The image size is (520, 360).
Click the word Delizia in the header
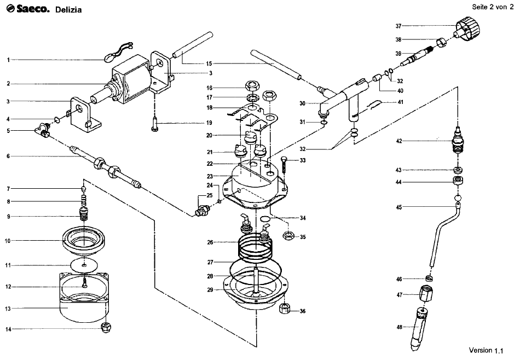click(68, 10)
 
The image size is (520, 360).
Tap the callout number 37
click(398, 26)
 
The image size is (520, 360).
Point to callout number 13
click(8, 309)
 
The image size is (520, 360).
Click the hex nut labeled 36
click(285, 308)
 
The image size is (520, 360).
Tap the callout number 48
click(399, 327)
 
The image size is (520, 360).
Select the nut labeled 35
click(288, 236)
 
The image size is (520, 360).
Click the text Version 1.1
click(486, 350)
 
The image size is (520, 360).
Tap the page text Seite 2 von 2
click(493, 7)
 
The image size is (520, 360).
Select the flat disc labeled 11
click(84, 265)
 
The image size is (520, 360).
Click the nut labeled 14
click(106, 327)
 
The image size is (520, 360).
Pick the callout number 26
click(210, 242)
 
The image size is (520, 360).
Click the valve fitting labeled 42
click(457, 141)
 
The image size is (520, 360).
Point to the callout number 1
click(8, 60)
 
